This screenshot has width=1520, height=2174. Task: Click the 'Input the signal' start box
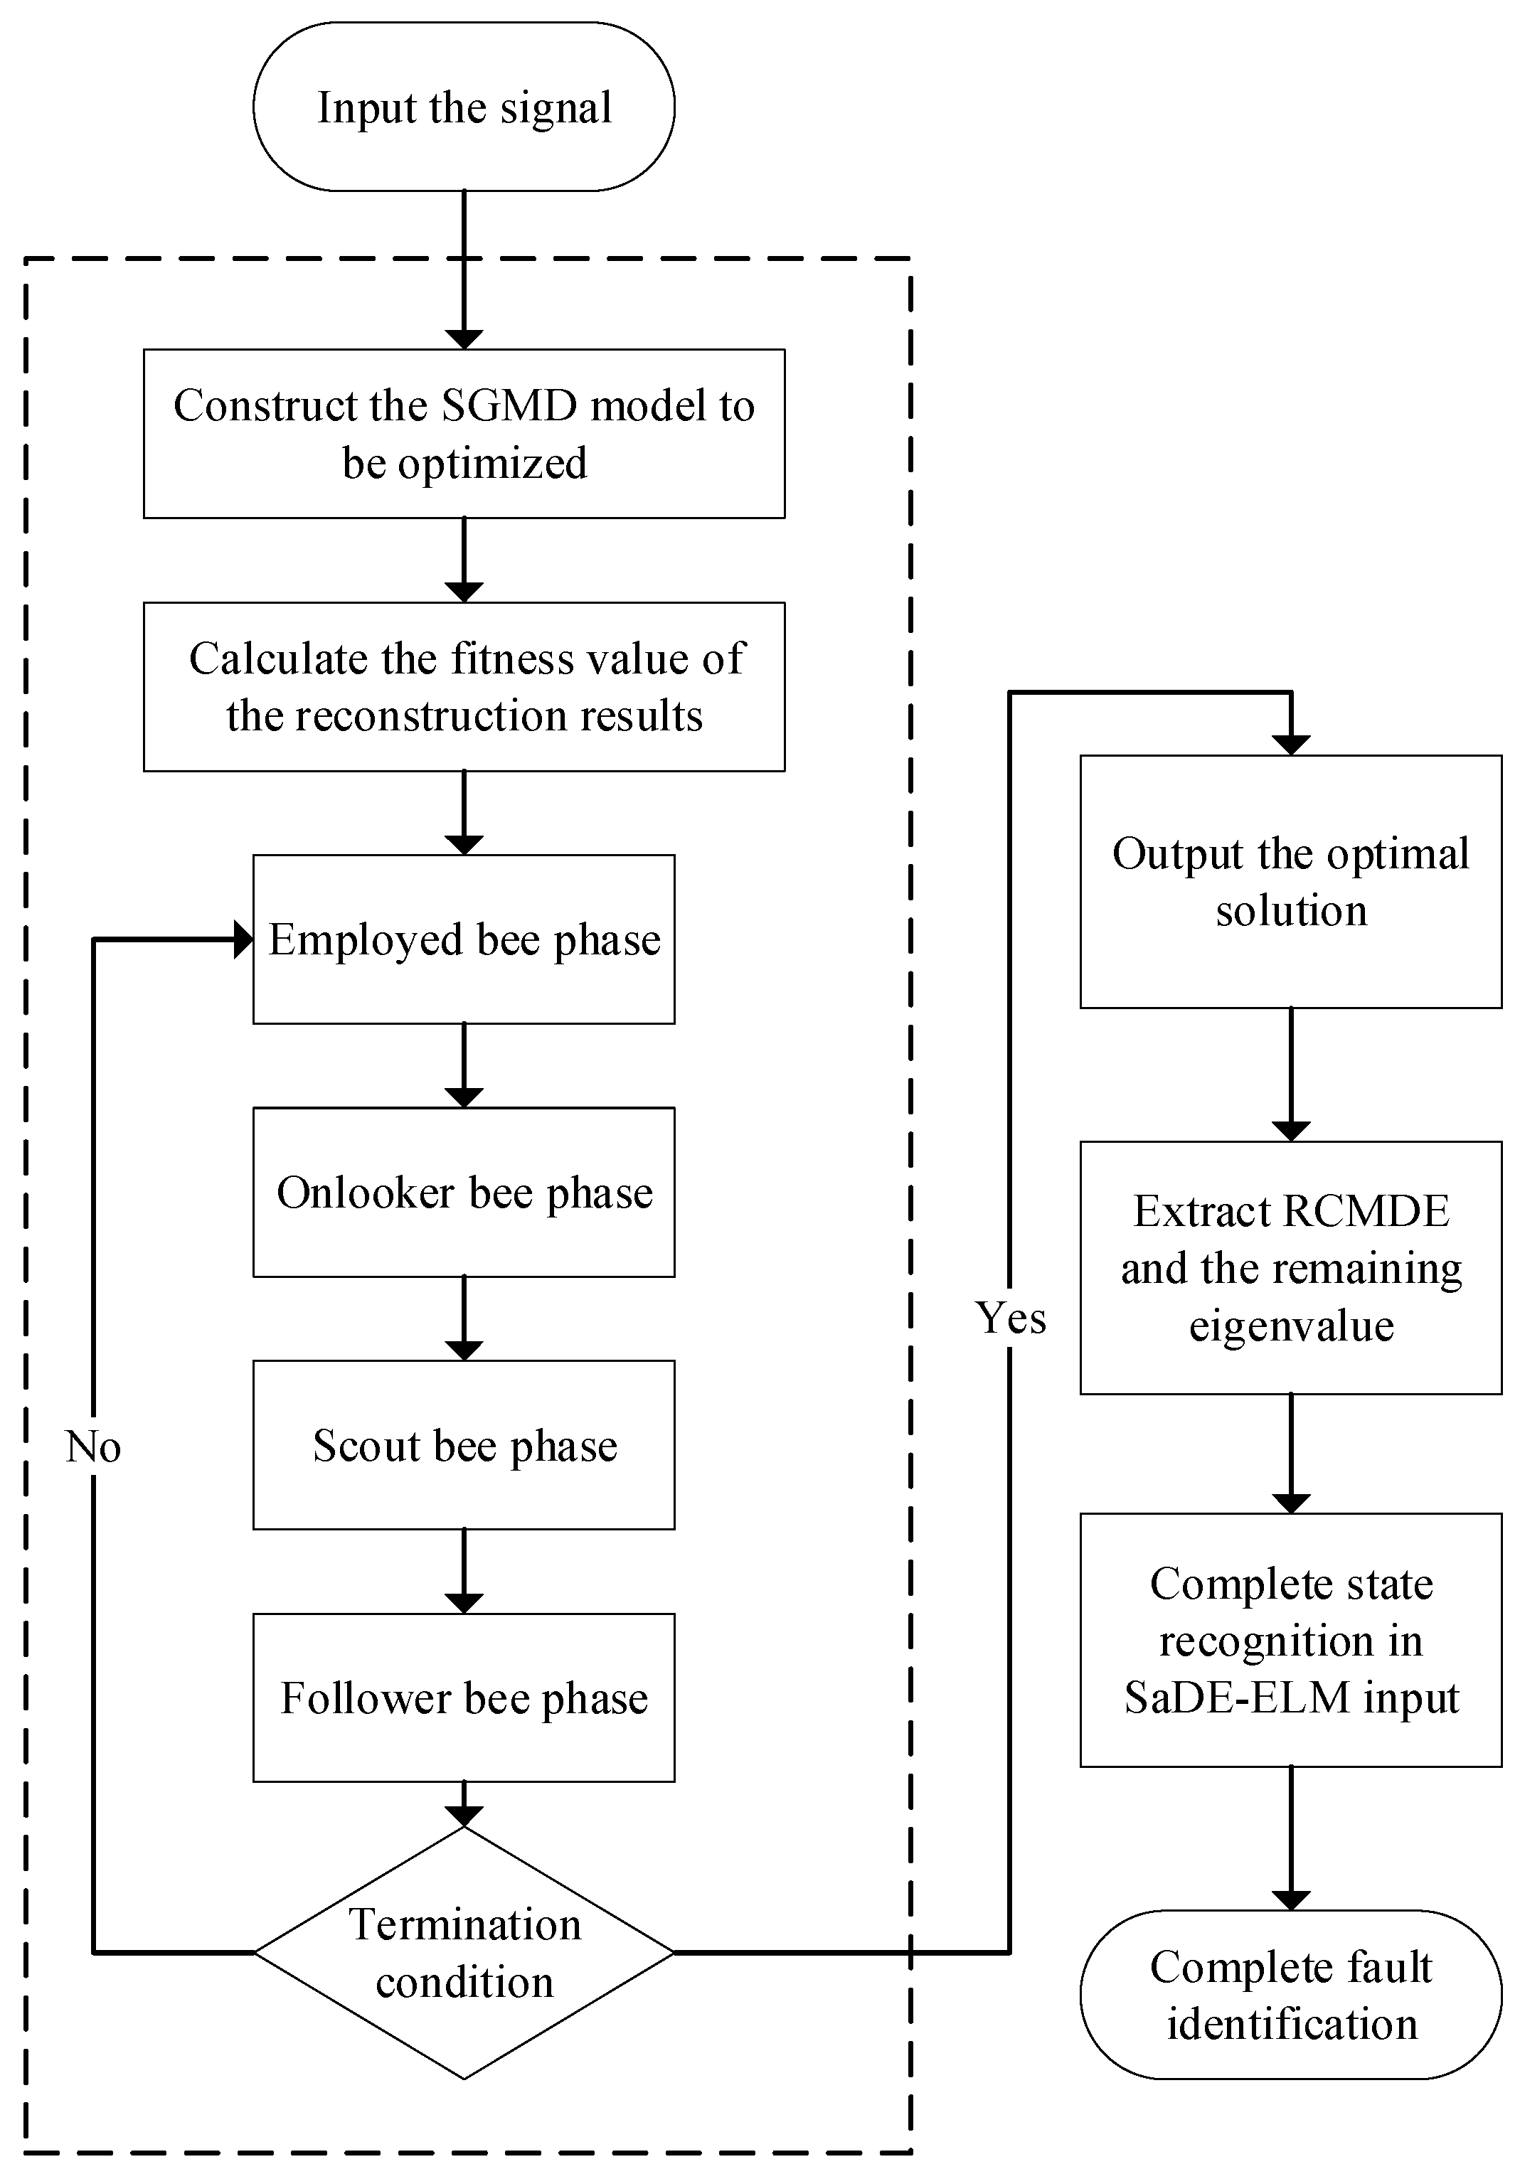click(x=463, y=107)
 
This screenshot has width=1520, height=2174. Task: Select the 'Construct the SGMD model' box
click(x=463, y=434)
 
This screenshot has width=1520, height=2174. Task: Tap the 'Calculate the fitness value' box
click(x=463, y=686)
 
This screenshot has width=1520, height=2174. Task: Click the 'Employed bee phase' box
click(x=463, y=939)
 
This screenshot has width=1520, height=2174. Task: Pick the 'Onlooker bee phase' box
click(x=463, y=1192)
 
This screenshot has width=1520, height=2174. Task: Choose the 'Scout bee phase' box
click(x=463, y=1445)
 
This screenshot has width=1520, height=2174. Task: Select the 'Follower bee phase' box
click(x=463, y=1698)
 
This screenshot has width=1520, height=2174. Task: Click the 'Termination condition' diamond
click(x=463, y=1952)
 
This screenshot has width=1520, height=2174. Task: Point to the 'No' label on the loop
click(x=92, y=1446)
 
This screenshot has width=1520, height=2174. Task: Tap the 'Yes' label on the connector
click(x=1011, y=1318)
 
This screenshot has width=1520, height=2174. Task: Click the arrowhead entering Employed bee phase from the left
click(x=243, y=940)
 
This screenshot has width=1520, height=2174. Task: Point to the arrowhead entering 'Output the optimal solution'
click(x=1291, y=745)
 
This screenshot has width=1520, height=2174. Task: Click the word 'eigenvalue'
click(x=1291, y=1326)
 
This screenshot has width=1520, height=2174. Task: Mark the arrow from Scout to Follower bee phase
click(x=463, y=1572)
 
